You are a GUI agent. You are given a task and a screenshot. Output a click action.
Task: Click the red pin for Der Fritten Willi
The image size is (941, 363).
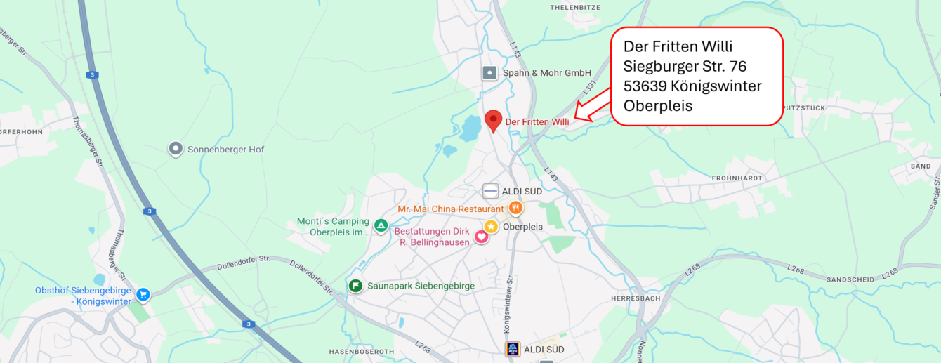pyautogui.click(x=494, y=120)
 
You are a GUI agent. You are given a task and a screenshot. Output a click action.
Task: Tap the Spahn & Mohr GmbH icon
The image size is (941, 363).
pyautogui.click(x=490, y=72)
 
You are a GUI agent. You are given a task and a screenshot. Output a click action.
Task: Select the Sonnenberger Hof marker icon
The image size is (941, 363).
pyautogui.click(x=176, y=149)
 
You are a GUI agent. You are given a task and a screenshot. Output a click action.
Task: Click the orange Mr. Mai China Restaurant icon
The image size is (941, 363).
pyautogui.click(x=515, y=208)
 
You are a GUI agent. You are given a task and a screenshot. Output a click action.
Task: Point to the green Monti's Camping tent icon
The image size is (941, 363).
pyautogui.click(x=381, y=225)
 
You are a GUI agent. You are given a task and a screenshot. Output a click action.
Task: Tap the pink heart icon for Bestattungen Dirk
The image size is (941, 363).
pyautogui.click(x=482, y=237)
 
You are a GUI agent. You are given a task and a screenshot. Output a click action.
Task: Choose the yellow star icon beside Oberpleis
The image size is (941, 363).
pyautogui.click(x=491, y=226)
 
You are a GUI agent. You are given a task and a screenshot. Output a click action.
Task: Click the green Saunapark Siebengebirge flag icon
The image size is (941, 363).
pyautogui.click(x=356, y=286)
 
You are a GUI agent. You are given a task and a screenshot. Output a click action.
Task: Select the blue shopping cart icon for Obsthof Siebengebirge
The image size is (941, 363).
pyautogui.click(x=143, y=295)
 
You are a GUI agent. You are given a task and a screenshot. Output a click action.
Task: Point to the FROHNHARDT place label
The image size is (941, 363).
pyautogui.click(x=736, y=178)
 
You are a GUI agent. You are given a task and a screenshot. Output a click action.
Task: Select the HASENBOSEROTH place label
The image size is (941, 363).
pyautogui.click(x=362, y=351)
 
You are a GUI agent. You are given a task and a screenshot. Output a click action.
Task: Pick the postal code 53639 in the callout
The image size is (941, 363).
pyautogui.click(x=645, y=86)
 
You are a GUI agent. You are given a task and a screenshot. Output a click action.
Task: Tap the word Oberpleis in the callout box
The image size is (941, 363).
pyautogui.click(x=657, y=106)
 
